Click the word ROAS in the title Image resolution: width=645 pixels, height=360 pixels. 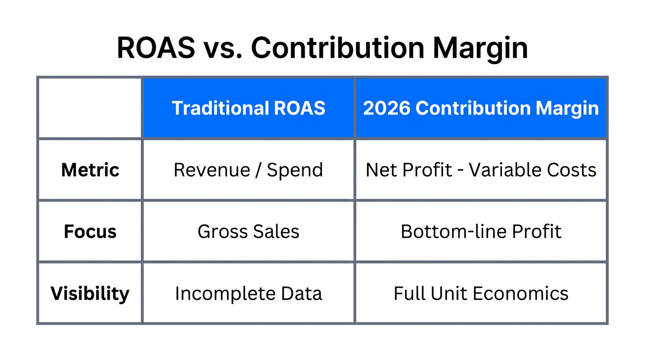coord(156,47)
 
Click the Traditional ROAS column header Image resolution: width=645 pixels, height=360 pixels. coord(248,108)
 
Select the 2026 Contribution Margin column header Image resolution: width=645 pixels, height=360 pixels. coord(481,108)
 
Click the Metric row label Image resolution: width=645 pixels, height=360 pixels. coord(90,170)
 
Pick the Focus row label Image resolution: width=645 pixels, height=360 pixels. coord(90,232)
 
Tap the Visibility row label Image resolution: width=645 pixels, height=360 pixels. coord(90,293)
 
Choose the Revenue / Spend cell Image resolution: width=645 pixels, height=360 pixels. coord(248,170)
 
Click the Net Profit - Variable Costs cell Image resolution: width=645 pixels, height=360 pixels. coord(481,170)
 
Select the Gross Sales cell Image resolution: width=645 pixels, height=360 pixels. coord(248,232)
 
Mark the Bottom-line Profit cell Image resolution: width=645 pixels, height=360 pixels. coord(481,232)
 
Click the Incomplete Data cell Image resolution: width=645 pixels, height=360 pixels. coord(248,293)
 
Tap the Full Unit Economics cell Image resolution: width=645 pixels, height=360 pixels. coord(481,293)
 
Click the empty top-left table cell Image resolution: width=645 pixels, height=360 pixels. coord(90,108)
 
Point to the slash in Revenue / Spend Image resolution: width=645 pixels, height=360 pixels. coord(257,170)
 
